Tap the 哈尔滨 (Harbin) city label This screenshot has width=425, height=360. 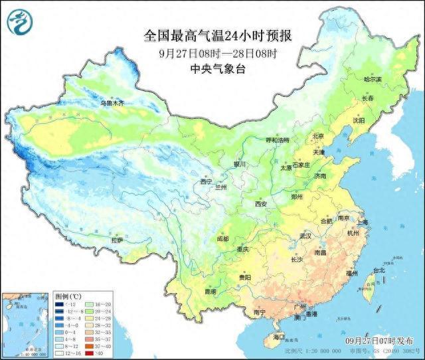tap(375, 79)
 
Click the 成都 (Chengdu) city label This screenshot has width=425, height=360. tap(222, 238)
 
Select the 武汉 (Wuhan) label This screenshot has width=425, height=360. tap(305, 236)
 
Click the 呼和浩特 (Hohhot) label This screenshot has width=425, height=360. tap(278, 141)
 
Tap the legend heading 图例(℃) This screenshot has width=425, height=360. tap(66, 295)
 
